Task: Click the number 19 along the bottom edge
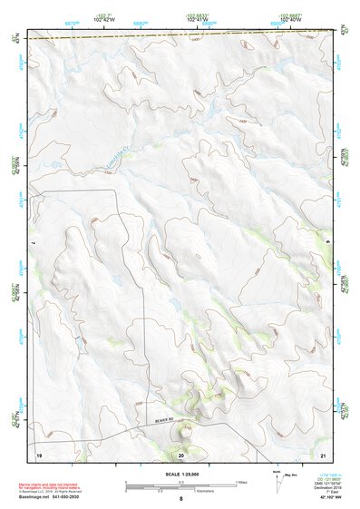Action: point(39,453)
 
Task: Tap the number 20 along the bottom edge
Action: point(181,453)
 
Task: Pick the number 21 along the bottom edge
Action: point(323,453)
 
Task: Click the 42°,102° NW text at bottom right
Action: point(324,498)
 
